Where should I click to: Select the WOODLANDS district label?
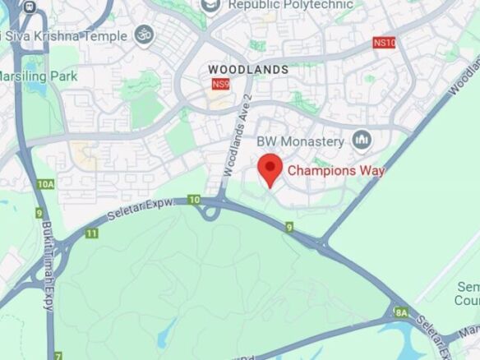coord(248,70)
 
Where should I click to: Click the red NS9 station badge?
coord(220,84)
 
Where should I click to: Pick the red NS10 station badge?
coord(384,43)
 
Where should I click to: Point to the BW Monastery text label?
coord(300,141)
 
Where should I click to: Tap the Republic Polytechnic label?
coord(290,5)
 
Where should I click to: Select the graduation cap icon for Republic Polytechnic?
coord(210,6)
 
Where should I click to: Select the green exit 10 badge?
coord(194,200)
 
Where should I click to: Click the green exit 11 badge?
coord(91,233)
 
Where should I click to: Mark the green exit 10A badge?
coord(45,184)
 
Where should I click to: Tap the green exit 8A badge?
coord(401,312)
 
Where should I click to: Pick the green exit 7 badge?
coord(58,356)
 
